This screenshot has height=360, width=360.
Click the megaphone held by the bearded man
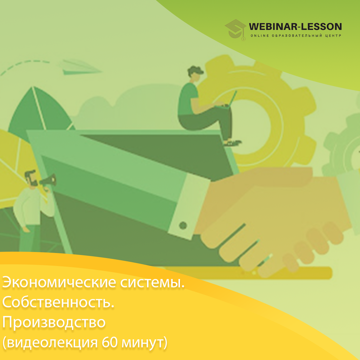pos(48,180)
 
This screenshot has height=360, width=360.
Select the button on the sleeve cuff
pos(183,225)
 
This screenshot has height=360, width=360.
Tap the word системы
pos(152,283)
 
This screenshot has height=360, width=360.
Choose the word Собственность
pos(58,302)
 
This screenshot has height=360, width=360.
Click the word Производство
pos(54,322)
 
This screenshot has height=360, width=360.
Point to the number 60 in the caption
pos(110,342)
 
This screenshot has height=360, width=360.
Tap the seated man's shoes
pos(232,143)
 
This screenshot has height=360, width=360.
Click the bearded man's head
pos(31,178)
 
